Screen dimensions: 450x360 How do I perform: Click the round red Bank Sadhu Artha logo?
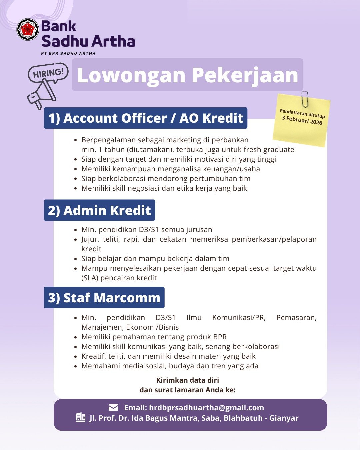[x=28, y=29]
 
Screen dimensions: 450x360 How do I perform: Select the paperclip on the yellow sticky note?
[x=305, y=99]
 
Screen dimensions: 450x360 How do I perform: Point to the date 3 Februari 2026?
[x=302, y=120]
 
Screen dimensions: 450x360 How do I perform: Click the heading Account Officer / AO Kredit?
[x=146, y=118]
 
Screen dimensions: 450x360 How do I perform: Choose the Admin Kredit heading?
[x=99, y=210]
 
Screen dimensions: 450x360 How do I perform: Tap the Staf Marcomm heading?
[x=104, y=298]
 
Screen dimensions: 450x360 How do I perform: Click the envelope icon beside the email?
[x=113, y=407]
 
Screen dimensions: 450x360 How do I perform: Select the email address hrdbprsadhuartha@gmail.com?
[x=206, y=408]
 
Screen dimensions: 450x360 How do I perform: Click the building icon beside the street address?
[x=81, y=417]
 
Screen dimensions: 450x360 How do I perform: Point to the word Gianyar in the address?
[x=284, y=418]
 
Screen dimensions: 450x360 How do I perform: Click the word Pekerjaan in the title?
[x=245, y=75]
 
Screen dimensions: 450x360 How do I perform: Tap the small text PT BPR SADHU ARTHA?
[x=68, y=53]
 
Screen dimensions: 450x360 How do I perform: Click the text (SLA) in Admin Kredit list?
[x=90, y=278]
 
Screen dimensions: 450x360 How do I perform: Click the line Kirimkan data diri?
[x=187, y=380]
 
